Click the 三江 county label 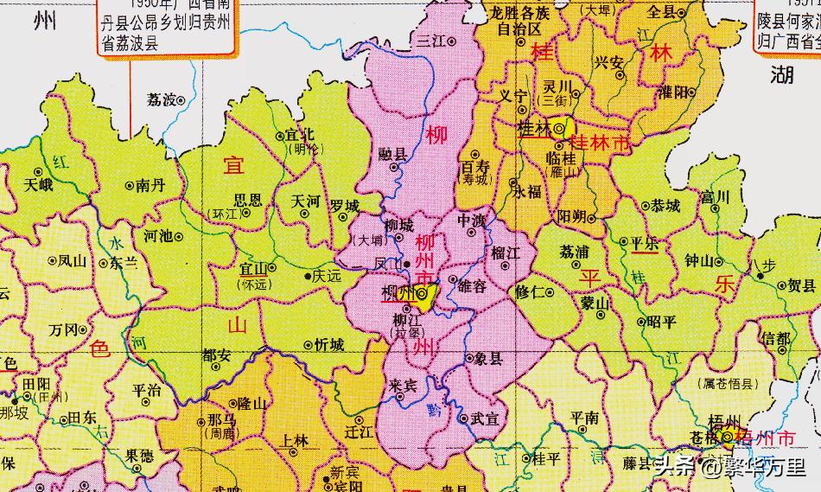click(x=430, y=41)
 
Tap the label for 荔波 click(x=162, y=99)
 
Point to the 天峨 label click(x=38, y=185)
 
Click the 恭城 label click(x=666, y=206)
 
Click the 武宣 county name click(x=484, y=419)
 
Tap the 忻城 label click(x=329, y=345)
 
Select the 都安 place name click(x=216, y=355)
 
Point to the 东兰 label click(x=124, y=263)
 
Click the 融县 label click(x=393, y=153)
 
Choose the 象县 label click(x=488, y=358)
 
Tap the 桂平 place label click(x=546, y=457)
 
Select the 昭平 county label click(x=661, y=322)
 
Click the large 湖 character click(x=782, y=75)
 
